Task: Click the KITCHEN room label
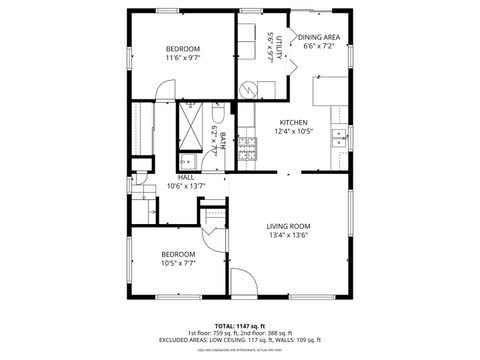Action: (x=294, y=122)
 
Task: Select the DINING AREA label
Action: (x=318, y=37)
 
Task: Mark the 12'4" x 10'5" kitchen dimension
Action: (x=294, y=131)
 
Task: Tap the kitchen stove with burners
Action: (x=246, y=149)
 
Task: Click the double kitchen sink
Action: (x=340, y=134)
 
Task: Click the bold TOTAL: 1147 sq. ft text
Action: (x=240, y=326)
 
